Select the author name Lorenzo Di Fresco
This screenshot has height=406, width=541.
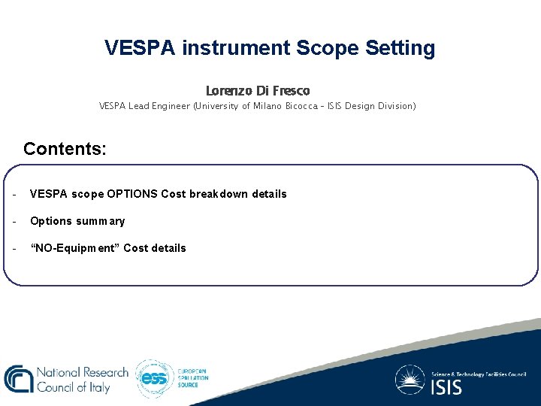(258, 90)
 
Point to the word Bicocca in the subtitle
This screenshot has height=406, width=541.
(297, 106)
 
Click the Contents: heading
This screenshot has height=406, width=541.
(65, 148)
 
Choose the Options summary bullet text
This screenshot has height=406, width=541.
(77, 221)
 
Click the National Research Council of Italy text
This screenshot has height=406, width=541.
(83, 380)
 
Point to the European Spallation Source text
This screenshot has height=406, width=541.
(192, 378)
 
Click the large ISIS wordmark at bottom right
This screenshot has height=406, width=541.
(446, 387)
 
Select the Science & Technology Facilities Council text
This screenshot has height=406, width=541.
(479, 374)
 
